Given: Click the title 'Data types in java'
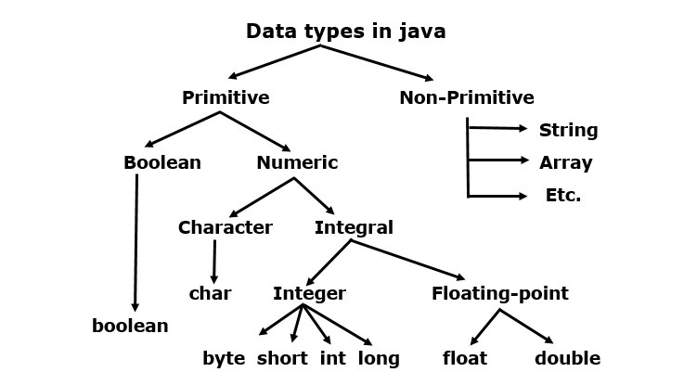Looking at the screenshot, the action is [x=345, y=32].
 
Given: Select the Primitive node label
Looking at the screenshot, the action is [x=226, y=97].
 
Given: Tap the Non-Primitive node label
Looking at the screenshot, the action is [x=466, y=97].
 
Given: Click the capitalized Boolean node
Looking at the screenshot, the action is [x=161, y=163].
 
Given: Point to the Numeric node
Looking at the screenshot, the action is [x=297, y=163].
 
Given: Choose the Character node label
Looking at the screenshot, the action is [x=225, y=227].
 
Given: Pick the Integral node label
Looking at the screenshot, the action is [x=354, y=227].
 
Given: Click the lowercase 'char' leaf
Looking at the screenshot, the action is [x=210, y=294].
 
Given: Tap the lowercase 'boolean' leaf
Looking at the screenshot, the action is [x=130, y=326].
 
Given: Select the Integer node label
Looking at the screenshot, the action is [x=309, y=294].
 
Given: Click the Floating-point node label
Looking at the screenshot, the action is [x=499, y=294].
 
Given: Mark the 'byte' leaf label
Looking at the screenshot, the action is [x=224, y=358].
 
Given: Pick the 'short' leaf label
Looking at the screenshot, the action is [x=282, y=358].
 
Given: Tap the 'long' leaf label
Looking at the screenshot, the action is [x=379, y=358].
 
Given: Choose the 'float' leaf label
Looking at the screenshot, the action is [x=465, y=358].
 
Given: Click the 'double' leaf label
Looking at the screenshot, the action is [x=567, y=358].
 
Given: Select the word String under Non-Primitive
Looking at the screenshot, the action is [x=568, y=130].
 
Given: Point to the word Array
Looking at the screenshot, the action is [x=565, y=163].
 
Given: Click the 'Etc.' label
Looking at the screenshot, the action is [x=563, y=196].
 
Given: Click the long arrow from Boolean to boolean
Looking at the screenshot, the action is [x=136, y=241].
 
